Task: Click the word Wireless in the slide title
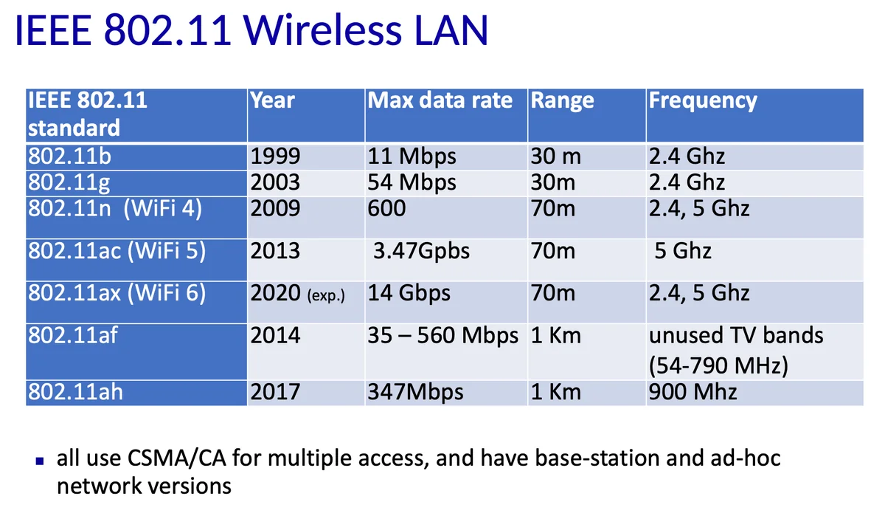pos(323,30)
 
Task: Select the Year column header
pos(272,100)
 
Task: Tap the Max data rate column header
pos(440,100)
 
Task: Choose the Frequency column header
pos(703,101)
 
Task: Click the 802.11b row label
pos(69,156)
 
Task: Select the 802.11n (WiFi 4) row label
pos(115,208)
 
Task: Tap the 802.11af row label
pos(73,335)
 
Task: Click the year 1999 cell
pos(275,156)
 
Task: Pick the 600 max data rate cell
pos(386,208)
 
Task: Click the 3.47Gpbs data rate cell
pos(421,252)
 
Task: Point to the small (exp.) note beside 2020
pos(326,296)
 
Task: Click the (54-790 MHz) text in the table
pos(718,365)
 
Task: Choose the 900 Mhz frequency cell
pos(693,392)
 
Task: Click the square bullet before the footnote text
pos(40,461)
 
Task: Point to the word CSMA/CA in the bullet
pos(176,458)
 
